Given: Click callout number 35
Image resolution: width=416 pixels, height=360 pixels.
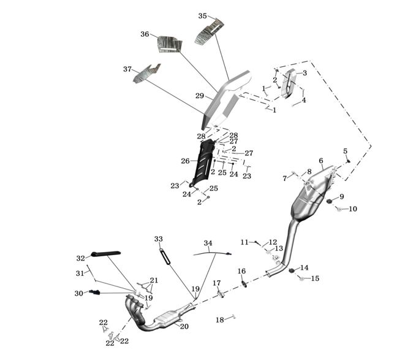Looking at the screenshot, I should tap(203, 16).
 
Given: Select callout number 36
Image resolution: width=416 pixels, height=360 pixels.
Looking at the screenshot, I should tap(145, 34).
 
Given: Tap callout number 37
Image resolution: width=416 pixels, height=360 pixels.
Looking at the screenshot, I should tap(127, 69).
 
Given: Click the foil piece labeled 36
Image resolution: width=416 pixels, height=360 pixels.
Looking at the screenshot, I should tap(170, 44).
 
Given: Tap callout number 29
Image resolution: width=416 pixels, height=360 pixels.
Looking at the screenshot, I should tap(200, 96).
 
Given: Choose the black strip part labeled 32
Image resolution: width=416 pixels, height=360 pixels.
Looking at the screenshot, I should tap(105, 253).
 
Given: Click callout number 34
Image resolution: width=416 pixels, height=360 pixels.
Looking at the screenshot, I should tap(208, 243).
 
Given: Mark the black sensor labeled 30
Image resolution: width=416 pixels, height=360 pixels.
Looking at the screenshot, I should tap(94, 293).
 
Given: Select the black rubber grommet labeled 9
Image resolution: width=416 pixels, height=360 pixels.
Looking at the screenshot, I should tap(329, 201).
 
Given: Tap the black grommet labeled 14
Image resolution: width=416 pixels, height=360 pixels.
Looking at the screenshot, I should tap(292, 270).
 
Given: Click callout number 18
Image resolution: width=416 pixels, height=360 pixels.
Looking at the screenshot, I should tap(219, 320).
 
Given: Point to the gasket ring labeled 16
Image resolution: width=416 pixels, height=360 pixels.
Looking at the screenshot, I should tap(243, 283).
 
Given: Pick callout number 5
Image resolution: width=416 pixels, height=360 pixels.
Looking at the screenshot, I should tap(345, 151).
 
